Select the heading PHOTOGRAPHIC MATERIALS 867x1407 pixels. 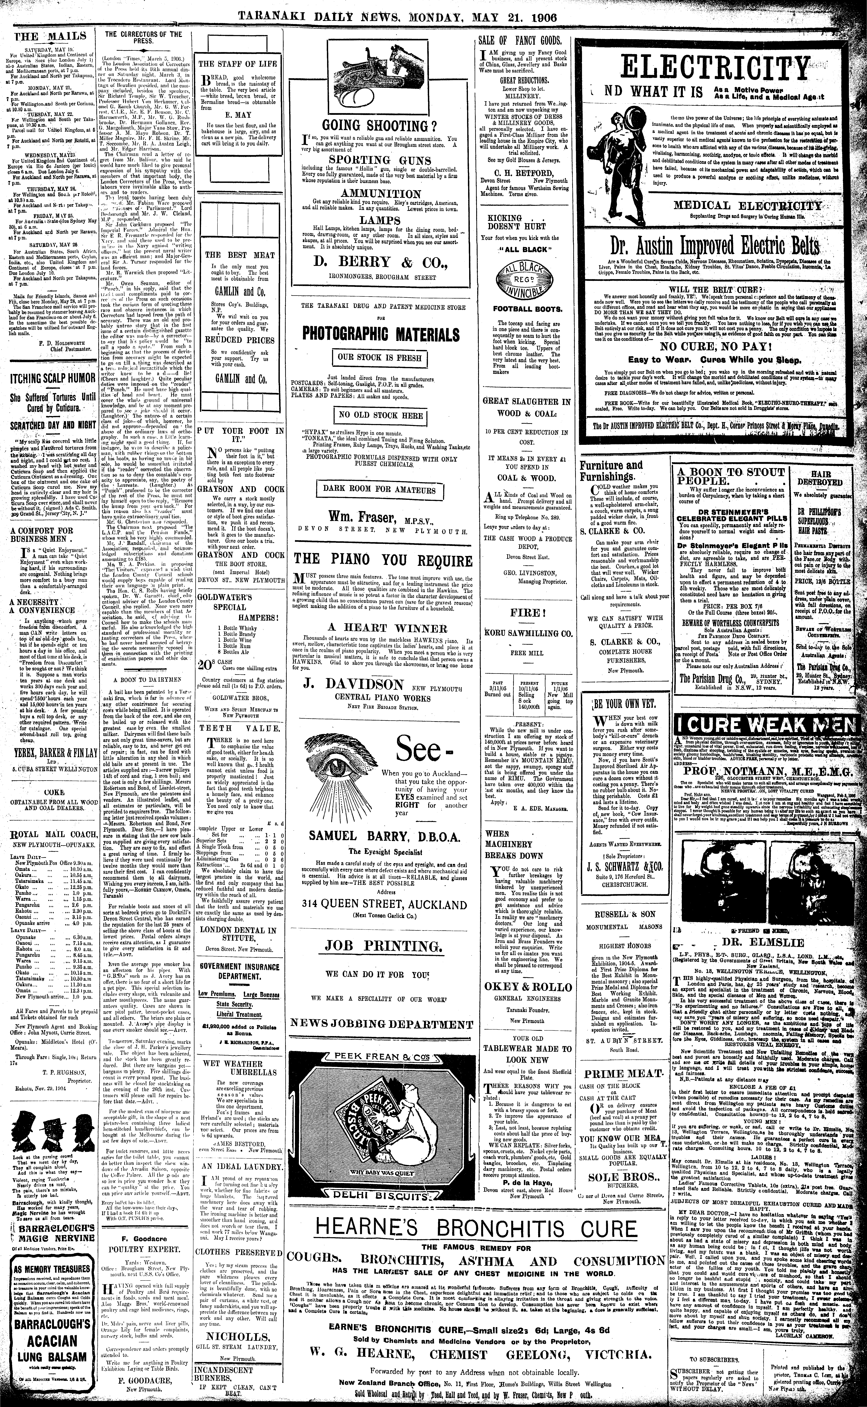coord(379,333)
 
